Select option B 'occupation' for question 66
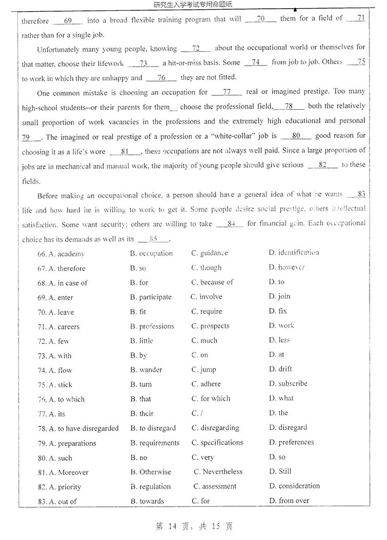[x=151, y=254]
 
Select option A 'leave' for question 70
[x=62, y=312]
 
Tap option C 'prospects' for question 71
[x=210, y=326]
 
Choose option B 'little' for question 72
[x=141, y=341]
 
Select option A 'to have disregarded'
[x=78, y=428]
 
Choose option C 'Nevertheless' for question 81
[x=218, y=472]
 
